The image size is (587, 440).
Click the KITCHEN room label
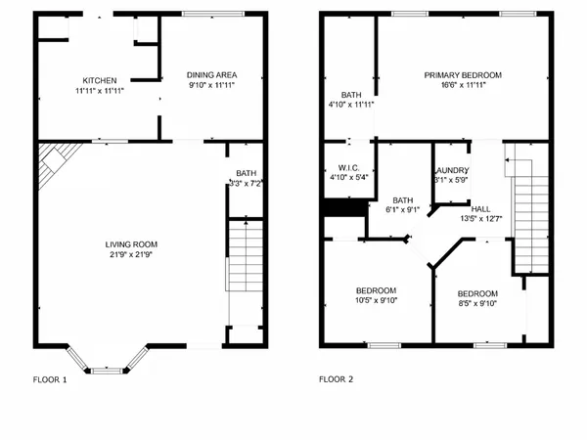click(x=100, y=80)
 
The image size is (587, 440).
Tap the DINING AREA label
click(x=212, y=75)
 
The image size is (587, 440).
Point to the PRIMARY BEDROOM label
click(x=463, y=75)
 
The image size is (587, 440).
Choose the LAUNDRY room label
click(x=451, y=169)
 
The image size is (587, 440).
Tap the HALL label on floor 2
click(x=481, y=208)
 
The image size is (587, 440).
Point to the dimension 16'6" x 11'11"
click(x=463, y=85)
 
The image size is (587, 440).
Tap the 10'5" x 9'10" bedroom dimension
click(x=376, y=301)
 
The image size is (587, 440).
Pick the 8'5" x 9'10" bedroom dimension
click(x=477, y=304)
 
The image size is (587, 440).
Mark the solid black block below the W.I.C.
click(x=344, y=208)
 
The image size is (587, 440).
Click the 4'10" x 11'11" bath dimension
click(x=349, y=104)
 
